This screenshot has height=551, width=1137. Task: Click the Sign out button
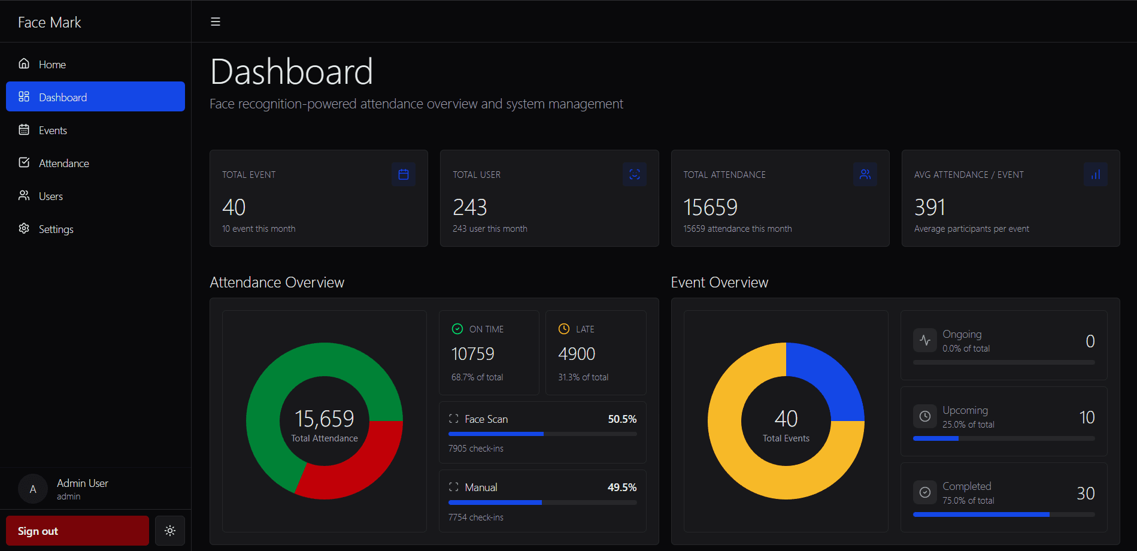(x=77, y=531)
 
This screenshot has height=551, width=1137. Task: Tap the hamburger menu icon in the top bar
(x=216, y=22)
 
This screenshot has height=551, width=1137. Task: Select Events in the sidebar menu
(x=53, y=130)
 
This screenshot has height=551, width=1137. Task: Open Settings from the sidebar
(x=56, y=229)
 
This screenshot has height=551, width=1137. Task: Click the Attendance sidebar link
(x=63, y=163)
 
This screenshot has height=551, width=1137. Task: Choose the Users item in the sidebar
(x=50, y=196)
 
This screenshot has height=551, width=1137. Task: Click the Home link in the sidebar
(x=52, y=64)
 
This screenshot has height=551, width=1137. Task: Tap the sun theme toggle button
(x=170, y=531)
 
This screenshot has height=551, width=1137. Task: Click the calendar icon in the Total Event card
(x=404, y=174)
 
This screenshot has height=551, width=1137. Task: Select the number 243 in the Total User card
(x=470, y=207)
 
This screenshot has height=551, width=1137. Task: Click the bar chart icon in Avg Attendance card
(x=1095, y=174)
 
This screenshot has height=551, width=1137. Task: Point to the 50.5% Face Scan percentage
(x=622, y=419)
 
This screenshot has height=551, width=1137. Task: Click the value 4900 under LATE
(x=577, y=354)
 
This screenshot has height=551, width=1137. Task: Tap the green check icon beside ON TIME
(x=457, y=329)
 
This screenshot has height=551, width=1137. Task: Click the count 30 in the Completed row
(x=1086, y=493)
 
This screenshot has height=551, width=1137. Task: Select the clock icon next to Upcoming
(x=925, y=416)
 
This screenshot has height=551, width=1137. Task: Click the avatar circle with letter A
(x=33, y=489)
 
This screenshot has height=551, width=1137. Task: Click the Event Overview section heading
(x=719, y=282)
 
